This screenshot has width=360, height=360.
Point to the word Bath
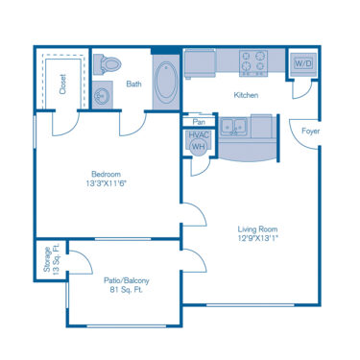pos(133,84)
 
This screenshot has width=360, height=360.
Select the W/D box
pos(302,62)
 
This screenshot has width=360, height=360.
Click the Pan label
pos(199,122)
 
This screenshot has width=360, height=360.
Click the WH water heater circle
pos(199,148)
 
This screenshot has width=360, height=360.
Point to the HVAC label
pos(199,136)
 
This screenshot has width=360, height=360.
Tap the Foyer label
pos(310,131)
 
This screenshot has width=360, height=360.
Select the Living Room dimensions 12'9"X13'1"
pos(257,240)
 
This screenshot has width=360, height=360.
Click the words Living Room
pos(257,228)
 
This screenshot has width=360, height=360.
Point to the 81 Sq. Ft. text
pos(127,290)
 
